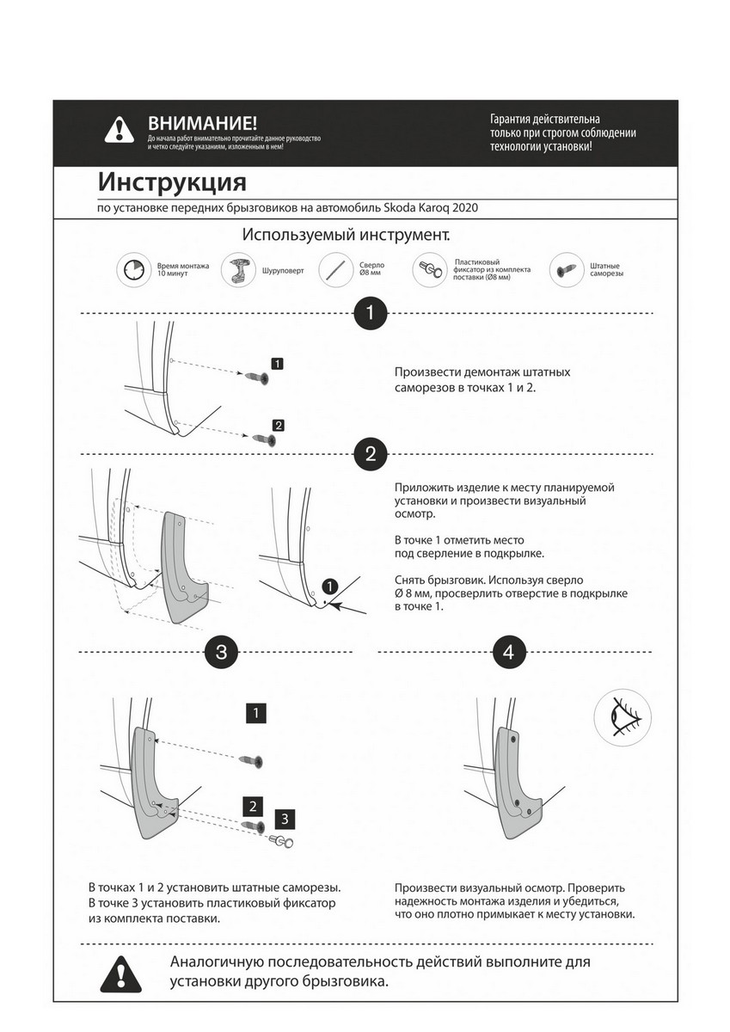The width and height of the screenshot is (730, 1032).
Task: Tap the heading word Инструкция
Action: (x=172, y=182)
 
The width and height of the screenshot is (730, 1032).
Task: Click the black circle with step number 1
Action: (x=371, y=314)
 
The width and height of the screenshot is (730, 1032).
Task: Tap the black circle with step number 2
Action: (x=371, y=455)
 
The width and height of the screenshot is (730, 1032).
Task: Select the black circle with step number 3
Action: (x=221, y=653)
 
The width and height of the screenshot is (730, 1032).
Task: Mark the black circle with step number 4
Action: (x=508, y=653)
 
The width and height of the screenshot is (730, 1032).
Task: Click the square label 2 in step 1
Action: (x=279, y=425)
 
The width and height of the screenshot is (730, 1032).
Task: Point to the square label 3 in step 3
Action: (x=286, y=817)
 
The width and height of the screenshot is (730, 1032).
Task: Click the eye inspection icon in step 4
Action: (x=622, y=716)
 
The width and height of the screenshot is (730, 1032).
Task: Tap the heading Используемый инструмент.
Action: (x=346, y=234)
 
